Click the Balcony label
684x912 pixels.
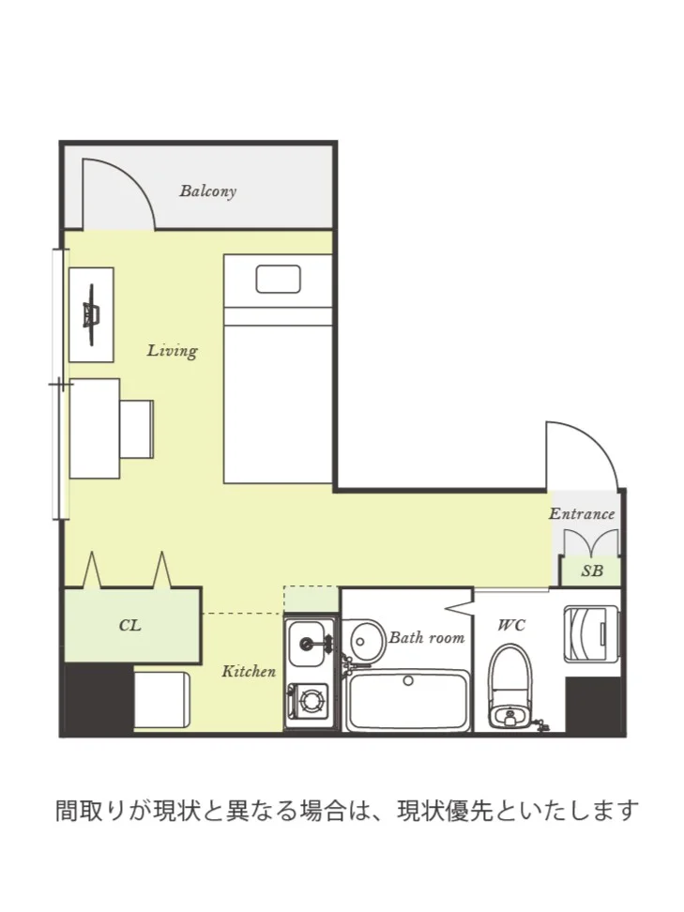pos(207,191)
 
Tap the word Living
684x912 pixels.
pos(172,351)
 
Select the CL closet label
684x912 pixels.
pos(130,625)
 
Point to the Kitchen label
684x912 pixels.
pos(249,671)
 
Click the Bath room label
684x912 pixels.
pos(426,637)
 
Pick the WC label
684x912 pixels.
pos(512,625)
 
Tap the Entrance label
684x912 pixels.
pos(582,513)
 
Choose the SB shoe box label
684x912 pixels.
pos(592,571)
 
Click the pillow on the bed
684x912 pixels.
pos(279,280)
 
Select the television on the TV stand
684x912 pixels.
pos(91,314)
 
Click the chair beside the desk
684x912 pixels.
pos(137,429)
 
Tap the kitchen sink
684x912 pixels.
pos(309,644)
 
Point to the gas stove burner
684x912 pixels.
pos(312,701)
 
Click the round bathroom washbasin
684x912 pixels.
pos(367,642)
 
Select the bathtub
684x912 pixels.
pos(408,701)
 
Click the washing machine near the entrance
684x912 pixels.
pos(591,634)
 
